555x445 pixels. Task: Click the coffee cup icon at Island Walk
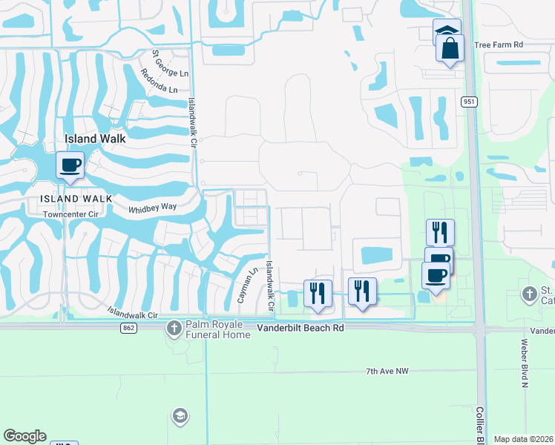[x=70, y=165]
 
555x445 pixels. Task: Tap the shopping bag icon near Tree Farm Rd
[x=450, y=49]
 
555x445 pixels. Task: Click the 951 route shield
[x=468, y=102]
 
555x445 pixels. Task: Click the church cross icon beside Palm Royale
[x=174, y=327]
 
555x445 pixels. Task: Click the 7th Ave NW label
[x=387, y=370]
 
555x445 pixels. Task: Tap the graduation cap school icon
[x=179, y=416]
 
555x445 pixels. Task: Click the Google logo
[x=24, y=436]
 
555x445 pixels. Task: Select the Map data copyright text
[x=523, y=439]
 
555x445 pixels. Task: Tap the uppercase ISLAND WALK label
[x=76, y=198]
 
